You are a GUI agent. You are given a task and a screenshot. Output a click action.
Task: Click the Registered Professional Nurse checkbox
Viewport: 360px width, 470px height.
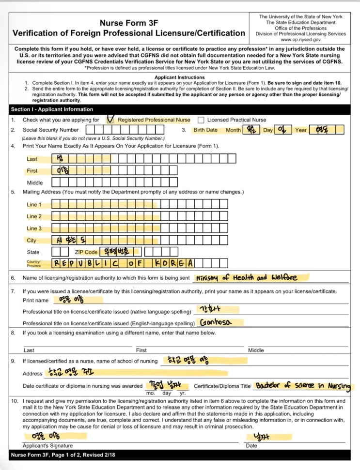tap(110, 120)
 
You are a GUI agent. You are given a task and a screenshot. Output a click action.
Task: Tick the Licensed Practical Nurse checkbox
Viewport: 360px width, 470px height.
tap(201, 120)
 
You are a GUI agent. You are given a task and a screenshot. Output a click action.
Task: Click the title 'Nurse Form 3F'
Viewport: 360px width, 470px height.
tap(129, 23)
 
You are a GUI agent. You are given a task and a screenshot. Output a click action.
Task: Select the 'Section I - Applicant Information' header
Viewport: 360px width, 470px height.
tap(52, 110)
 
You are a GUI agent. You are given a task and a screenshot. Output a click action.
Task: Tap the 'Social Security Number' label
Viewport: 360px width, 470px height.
tap(50, 130)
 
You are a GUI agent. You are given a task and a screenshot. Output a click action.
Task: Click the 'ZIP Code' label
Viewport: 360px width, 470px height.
tap(86, 252)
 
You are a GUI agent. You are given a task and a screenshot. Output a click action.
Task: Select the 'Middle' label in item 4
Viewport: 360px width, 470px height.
tap(35, 182)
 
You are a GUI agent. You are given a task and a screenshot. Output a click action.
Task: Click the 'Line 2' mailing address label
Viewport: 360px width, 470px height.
tap(34, 216)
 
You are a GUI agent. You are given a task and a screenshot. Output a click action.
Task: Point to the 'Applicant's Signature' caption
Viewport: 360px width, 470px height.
tap(48, 445)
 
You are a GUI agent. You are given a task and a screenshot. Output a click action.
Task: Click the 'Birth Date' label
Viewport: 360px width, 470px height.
tap(205, 130)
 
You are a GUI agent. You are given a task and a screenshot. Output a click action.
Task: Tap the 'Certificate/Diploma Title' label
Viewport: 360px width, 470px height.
tap(222, 386)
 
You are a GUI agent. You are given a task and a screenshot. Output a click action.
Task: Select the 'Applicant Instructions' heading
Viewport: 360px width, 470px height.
tap(179, 77)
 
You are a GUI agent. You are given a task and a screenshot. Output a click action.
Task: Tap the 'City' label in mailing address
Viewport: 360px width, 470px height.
tap(31, 240)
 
